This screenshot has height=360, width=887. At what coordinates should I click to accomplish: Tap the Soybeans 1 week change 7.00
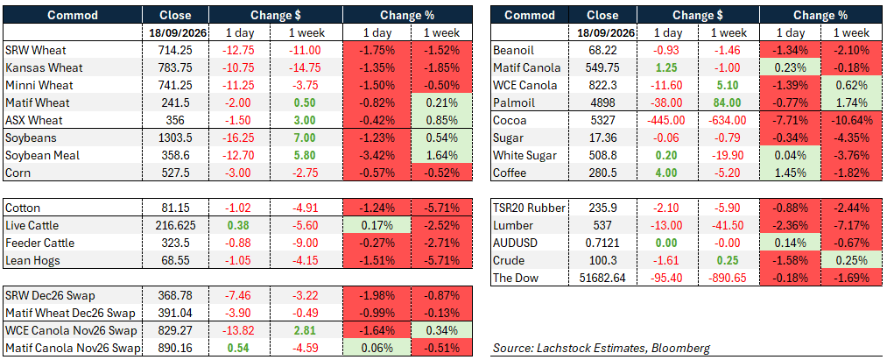307,138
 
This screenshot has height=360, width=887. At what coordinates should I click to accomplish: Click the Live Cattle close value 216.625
175,226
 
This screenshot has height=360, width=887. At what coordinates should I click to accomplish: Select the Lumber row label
513,226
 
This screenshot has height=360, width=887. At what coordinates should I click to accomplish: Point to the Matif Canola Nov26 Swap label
72,347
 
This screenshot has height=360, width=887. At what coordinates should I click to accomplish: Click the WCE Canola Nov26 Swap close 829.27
175,329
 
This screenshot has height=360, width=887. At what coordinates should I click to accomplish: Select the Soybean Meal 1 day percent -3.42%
377,155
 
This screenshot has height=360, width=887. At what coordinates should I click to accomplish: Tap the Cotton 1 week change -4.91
307,208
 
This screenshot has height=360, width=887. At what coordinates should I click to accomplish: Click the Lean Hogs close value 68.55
175,260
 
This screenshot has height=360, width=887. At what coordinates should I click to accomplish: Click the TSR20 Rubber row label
530,208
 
